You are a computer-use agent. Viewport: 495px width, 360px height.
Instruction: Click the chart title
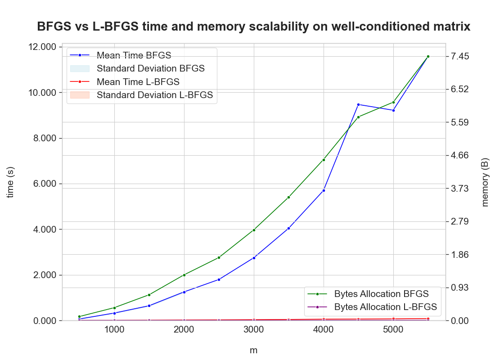(x=253, y=27)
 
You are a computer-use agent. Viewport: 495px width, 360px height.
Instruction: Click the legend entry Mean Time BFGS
(x=134, y=55)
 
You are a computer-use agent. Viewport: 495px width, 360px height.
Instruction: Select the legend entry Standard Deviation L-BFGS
(x=154, y=95)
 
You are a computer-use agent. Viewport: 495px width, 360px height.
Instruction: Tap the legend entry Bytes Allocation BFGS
(x=381, y=294)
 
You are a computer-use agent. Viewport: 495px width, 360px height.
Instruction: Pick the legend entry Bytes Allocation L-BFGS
(x=386, y=307)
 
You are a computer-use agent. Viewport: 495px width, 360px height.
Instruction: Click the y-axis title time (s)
(x=11, y=182)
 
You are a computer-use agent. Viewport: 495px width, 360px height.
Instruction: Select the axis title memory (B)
(x=485, y=182)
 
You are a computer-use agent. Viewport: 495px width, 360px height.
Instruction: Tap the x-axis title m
(x=253, y=350)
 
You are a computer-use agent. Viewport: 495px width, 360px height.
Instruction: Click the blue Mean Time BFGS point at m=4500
(x=359, y=104)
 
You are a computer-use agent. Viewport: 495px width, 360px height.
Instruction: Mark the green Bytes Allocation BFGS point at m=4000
(x=324, y=160)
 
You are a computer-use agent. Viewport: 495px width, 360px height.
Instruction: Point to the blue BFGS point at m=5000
(x=393, y=110)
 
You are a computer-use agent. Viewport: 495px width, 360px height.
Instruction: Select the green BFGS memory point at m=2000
(x=184, y=275)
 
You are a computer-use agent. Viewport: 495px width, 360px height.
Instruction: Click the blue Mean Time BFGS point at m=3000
(x=254, y=258)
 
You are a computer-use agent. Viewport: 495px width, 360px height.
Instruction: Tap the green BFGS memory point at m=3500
(x=288, y=198)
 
